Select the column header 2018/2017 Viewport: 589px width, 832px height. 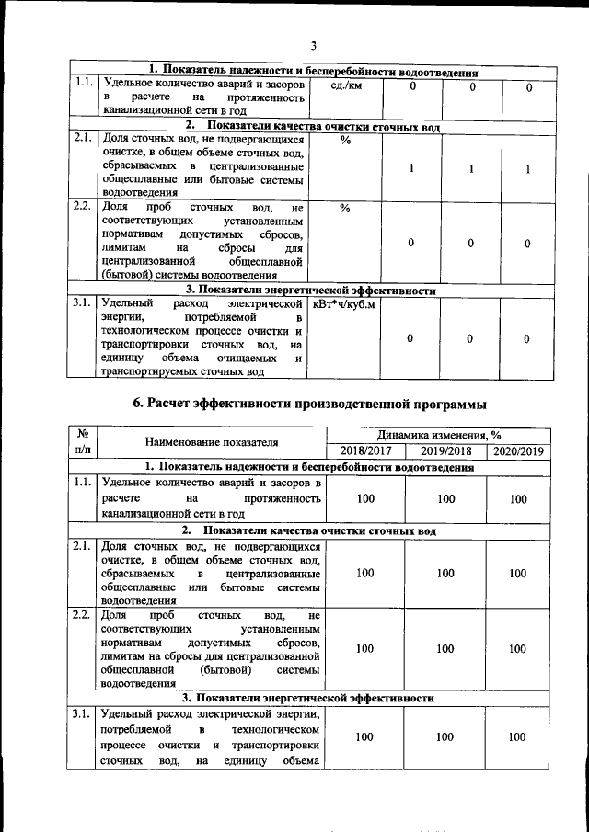[365, 451]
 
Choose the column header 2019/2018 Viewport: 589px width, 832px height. [446, 451]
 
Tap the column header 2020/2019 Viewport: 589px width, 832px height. [519, 451]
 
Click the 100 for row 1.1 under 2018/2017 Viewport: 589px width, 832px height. [365, 499]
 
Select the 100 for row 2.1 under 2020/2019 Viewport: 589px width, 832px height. [519, 574]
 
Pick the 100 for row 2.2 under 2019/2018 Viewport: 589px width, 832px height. [446, 649]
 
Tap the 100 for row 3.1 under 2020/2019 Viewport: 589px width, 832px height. [519, 737]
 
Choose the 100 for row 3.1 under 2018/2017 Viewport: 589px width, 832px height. [365, 737]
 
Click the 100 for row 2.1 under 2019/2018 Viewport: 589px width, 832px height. [446, 574]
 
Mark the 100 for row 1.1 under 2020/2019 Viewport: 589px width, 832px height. [519, 499]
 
